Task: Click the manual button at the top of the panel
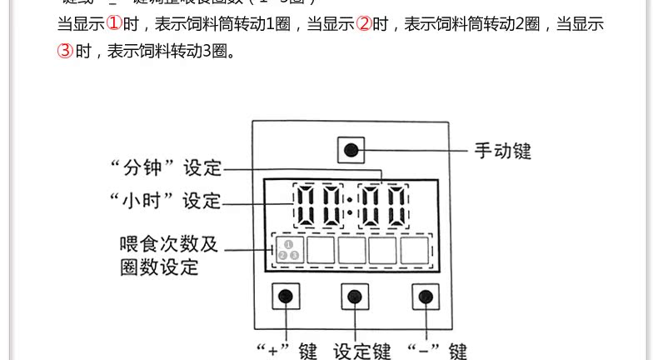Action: coord(351,151)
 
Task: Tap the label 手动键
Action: coord(502,151)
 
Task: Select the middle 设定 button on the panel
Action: coord(354,296)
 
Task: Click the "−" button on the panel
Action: coord(425,296)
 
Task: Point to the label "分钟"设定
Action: coord(167,167)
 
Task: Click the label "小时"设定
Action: coord(167,201)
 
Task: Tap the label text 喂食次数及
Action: coord(169,244)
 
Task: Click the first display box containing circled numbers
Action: coord(287,249)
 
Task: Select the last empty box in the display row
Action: coord(415,249)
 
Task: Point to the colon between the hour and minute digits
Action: coord(349,206)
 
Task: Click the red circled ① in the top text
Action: coord(114,23)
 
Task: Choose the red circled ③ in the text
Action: coord(66,52)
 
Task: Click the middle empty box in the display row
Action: coord(351,249)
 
